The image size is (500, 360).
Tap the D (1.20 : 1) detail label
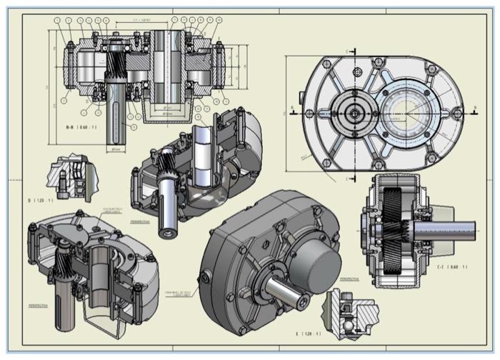click(41, 201)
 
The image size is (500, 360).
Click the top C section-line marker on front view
click(348, 51)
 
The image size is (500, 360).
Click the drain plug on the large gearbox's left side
click(206, 276)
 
